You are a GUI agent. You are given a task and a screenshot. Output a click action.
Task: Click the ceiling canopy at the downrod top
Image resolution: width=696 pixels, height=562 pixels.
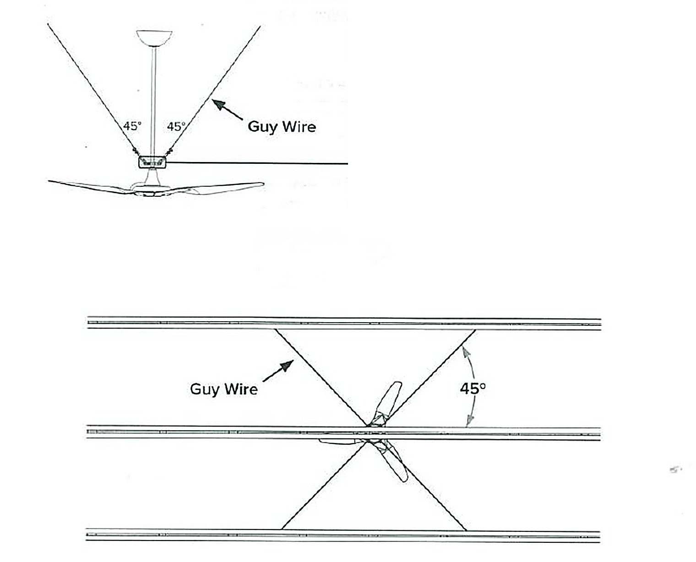(x=154, y=38)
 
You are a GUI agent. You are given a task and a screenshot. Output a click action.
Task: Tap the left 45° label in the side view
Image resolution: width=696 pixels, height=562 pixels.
(x=132, y=126)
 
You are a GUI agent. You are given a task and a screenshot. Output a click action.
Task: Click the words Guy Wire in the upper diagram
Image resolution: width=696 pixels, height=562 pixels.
(x=282, y=127)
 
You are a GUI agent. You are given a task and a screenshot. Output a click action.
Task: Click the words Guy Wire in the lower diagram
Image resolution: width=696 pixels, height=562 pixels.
(x=224, y=389)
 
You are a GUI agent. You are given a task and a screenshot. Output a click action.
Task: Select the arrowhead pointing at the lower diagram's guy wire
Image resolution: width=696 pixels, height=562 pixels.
(x=288, y=365)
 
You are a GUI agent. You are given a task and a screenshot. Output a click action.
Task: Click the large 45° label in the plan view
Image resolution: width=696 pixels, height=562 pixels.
(x=473, y=389)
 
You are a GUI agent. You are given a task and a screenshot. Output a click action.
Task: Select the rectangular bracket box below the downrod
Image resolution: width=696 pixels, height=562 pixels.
(x=152, y=162)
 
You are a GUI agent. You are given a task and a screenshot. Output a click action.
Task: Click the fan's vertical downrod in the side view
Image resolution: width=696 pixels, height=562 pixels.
(x=153, y=101)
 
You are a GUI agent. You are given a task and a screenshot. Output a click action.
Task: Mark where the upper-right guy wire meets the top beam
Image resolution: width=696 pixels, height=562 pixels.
(x=475, y=330)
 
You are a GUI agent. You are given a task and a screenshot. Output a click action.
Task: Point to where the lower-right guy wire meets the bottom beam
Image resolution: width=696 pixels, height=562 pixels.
(x=467, y=530)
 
